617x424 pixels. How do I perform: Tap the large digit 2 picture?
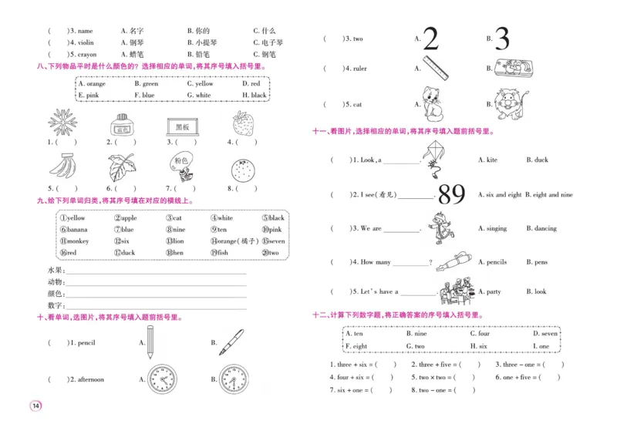pyautogui.click(x=430, y=39)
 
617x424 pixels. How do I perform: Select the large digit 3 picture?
pyautogui.click(x=502, y=39)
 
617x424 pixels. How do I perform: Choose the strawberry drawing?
pyautogui.click(x=242, y=123)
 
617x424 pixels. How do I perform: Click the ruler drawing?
pyautogui.click(x=435, y=67)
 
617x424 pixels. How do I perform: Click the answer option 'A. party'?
pyautogui.click(x=489, y=292)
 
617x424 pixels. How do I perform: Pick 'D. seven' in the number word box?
pyautogui.click(x=545, y=334)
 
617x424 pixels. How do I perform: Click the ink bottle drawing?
pyautogui.click(x=120, y=123)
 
